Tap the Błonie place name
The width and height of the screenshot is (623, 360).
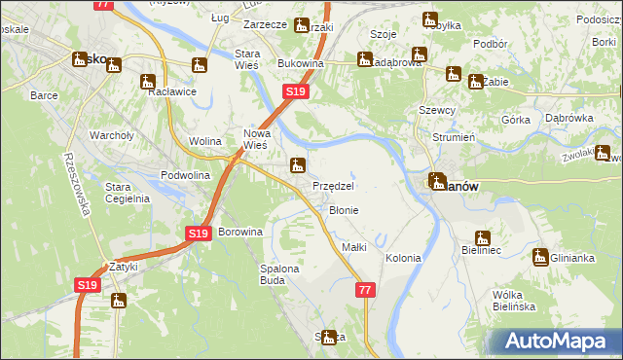344,210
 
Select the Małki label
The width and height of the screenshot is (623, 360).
354,247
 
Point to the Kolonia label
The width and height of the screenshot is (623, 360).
403,258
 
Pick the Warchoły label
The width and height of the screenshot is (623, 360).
111,135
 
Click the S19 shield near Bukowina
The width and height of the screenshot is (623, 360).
297,91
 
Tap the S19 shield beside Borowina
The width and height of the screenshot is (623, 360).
199,234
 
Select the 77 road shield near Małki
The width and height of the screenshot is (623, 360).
365,290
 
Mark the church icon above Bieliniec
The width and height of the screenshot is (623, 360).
483,237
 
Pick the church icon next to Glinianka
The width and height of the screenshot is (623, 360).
540,257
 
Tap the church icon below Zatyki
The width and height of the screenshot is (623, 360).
120,301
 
